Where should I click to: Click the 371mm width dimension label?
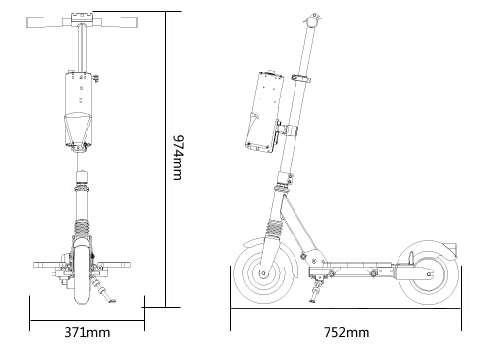click(87, 332)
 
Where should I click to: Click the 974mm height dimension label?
click(178, 157)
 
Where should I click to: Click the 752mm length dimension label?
click(347, 332)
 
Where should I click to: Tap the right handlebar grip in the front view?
click(119, 22)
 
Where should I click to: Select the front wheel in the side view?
click(263, 274)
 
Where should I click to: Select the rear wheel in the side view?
click(429, 274)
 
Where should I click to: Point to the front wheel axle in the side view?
click(263, 274)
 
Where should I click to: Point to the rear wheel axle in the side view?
click(429, 274)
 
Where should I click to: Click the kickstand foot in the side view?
click(312, 301)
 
